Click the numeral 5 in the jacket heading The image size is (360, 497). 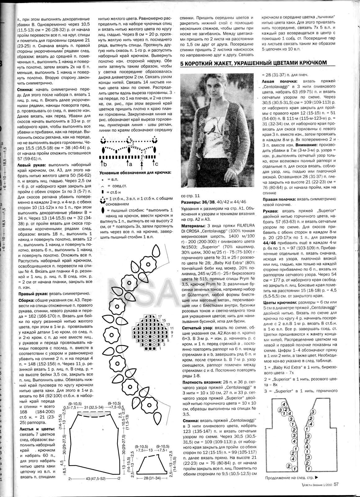point(182,63)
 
